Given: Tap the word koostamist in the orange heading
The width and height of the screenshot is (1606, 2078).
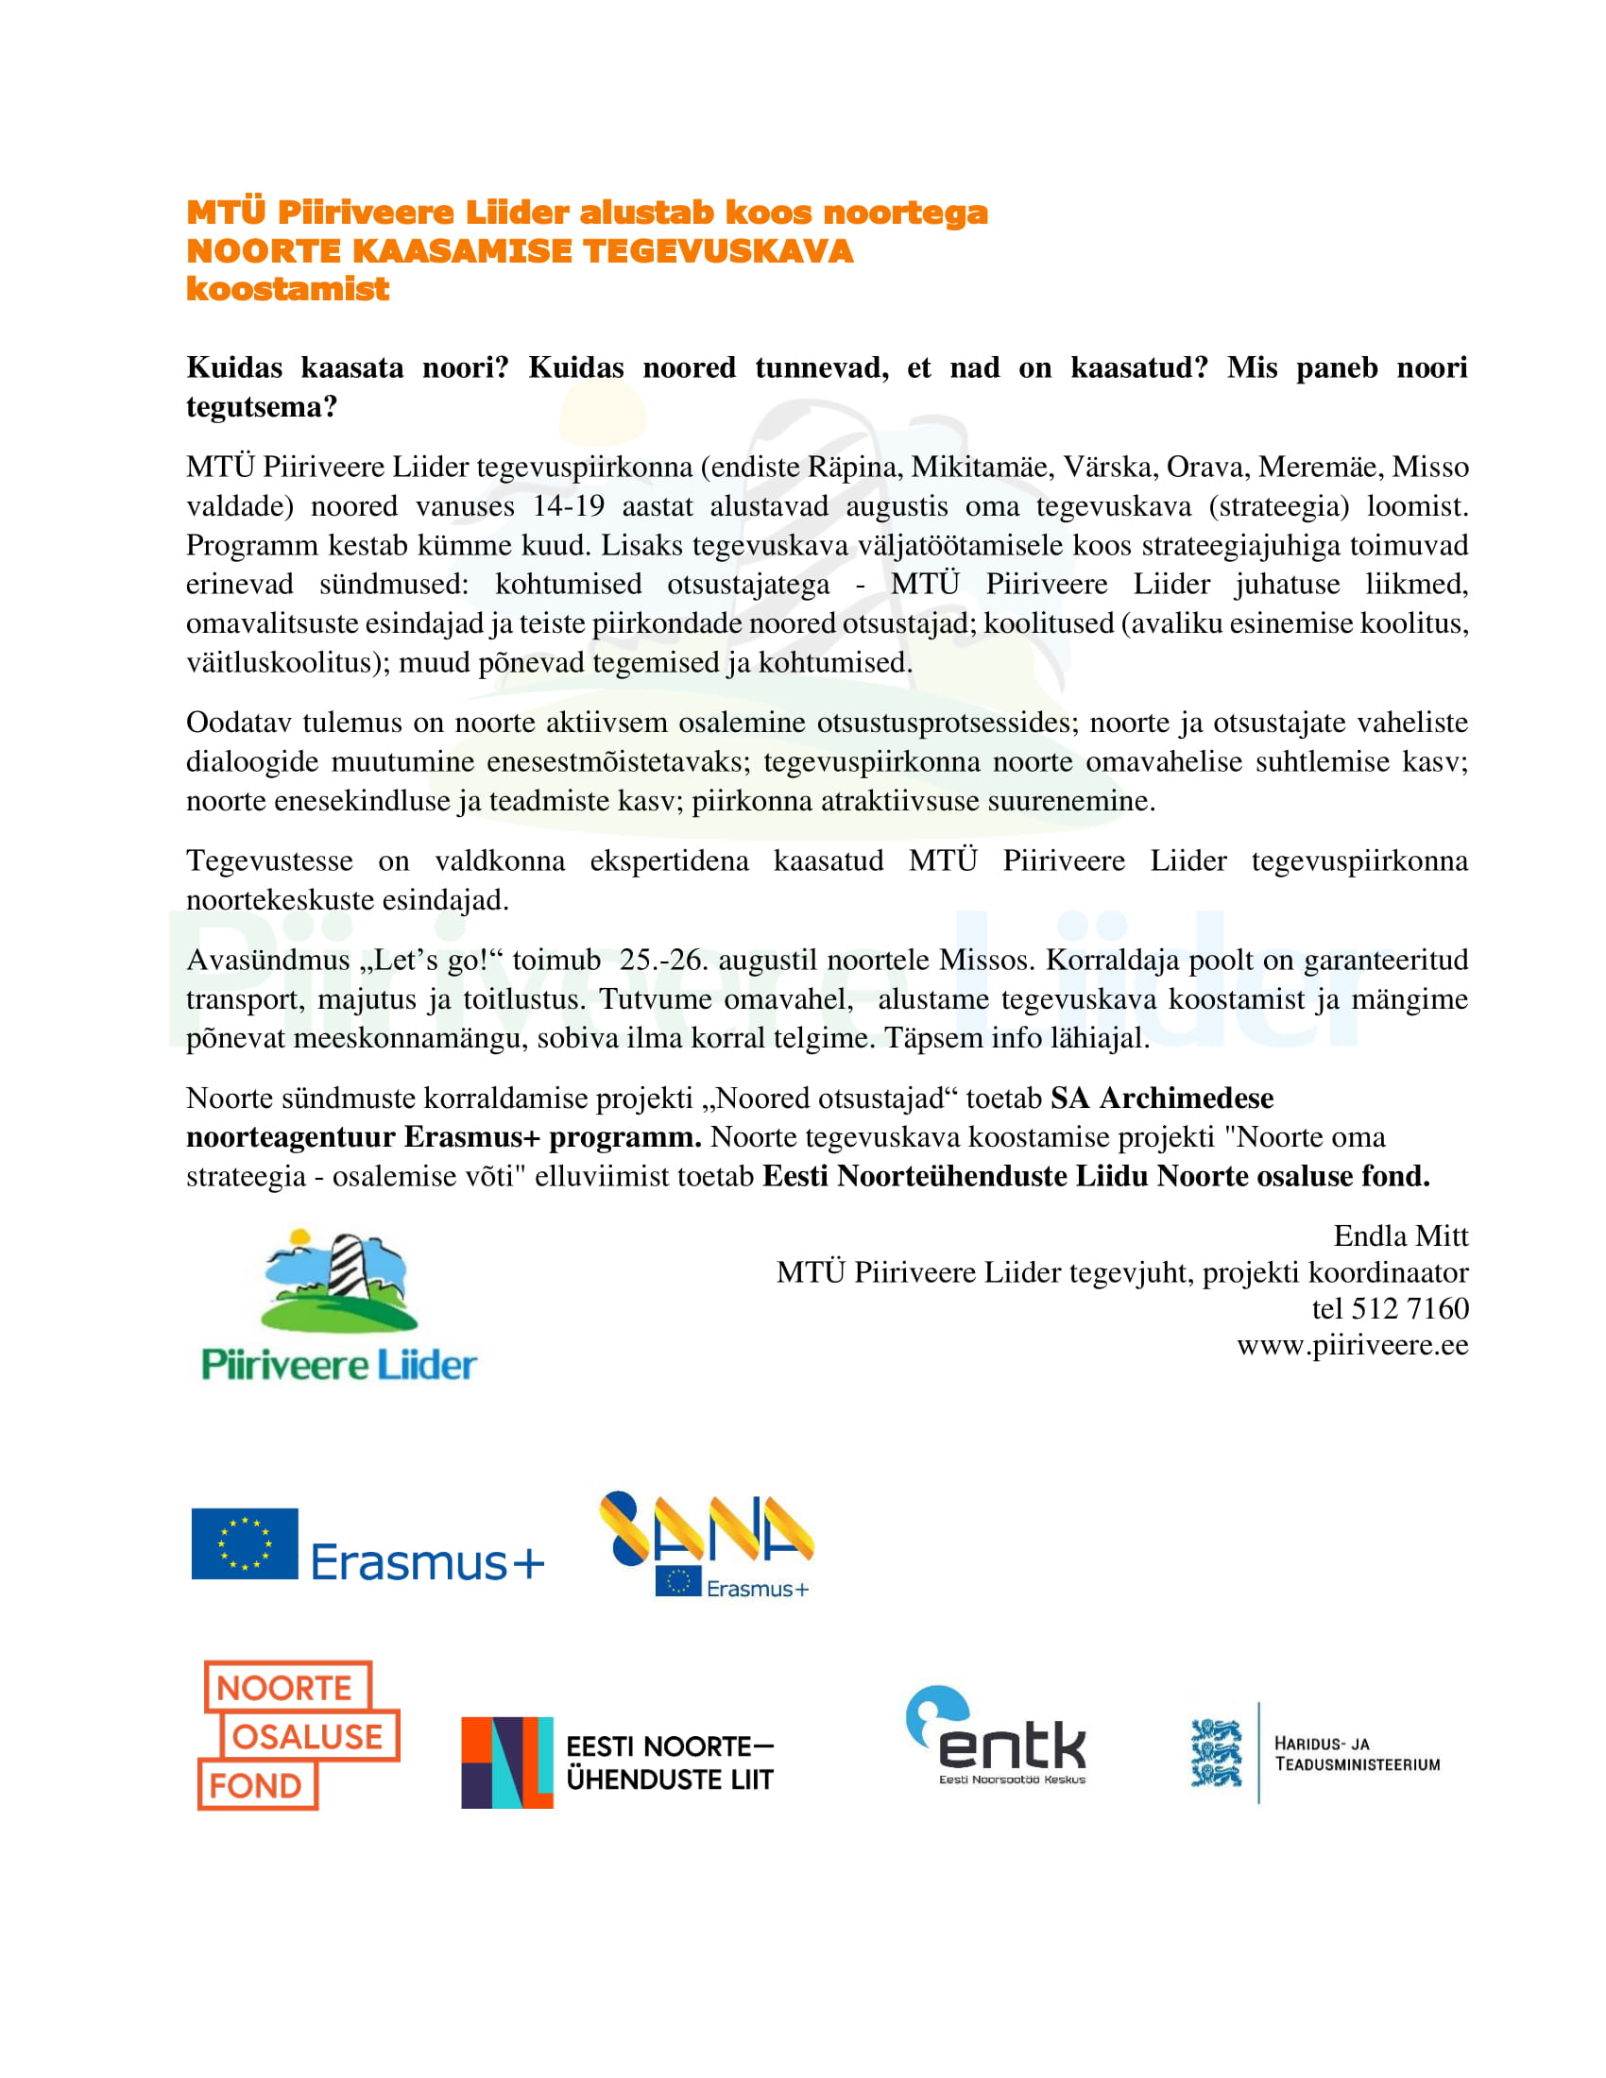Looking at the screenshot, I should (287, 289).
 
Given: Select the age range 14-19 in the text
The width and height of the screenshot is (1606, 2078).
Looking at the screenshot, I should (568, 506).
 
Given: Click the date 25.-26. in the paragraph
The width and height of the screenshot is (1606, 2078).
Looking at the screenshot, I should (663, 960).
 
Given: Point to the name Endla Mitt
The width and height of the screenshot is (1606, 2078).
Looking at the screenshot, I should (1399, 1236).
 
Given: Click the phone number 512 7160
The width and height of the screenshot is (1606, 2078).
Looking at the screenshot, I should (1410, 1309).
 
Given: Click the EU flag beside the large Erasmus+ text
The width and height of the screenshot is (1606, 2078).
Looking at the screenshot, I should (245, 1543).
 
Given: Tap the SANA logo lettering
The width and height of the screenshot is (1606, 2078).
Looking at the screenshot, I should (706, 1528).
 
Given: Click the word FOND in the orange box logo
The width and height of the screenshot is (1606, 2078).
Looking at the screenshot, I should (255, 1786).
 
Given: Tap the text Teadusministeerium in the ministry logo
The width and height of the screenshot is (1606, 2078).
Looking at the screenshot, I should (1357, 1765).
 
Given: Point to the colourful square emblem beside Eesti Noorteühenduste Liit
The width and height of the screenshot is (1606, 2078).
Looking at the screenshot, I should (506, 1763).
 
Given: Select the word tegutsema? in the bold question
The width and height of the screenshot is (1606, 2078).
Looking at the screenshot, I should (262, 407).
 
